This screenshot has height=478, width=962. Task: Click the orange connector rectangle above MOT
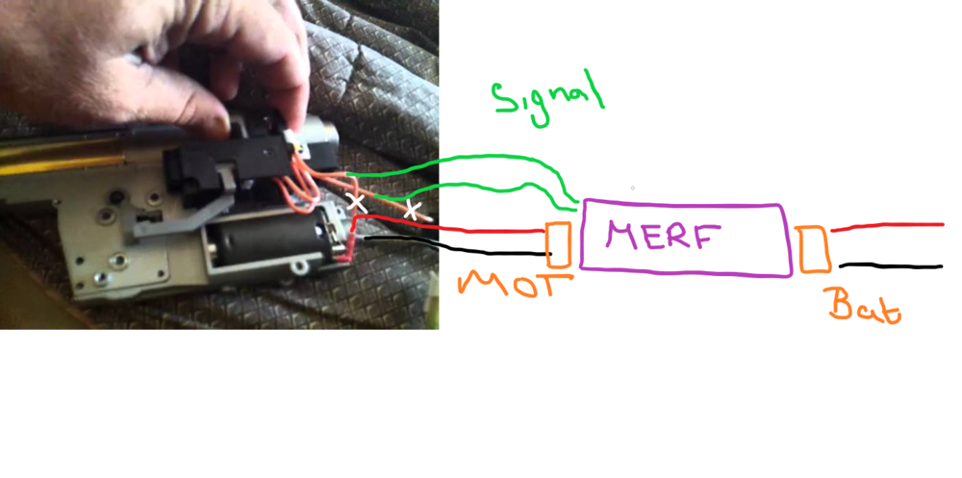click(x=558, y=244)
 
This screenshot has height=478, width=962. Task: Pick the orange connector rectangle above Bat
click(x=813, y=249)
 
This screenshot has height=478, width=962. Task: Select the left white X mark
click(x=357, y=202)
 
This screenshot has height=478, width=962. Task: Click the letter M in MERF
click(x=621, y=236)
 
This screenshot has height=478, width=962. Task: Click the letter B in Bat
click(x=840, y=304)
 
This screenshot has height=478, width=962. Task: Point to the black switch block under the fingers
click(x=231, y=159)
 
